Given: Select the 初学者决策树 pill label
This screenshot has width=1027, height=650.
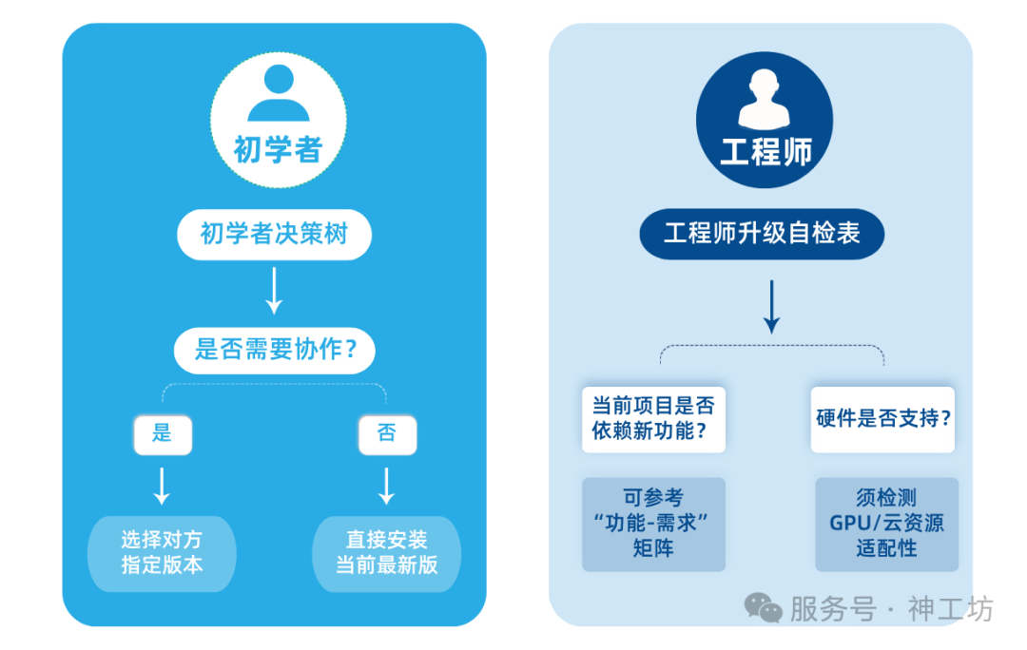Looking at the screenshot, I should [x=274, y=235].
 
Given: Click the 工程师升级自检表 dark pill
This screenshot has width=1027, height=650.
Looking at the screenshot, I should [x=762, y=234].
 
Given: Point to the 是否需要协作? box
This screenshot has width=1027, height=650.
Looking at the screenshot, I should [x=275, y=350].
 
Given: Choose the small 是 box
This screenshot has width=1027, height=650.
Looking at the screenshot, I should [x=163, y=433].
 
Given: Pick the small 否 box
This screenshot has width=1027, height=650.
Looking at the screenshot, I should [x=387, y=433].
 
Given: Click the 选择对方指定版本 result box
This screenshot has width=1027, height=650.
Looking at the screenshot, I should [x=162, y=552].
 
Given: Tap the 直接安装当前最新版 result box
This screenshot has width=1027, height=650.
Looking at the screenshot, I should [x=387, y=552].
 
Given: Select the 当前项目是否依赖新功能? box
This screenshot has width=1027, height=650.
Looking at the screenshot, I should [x=653, y=418].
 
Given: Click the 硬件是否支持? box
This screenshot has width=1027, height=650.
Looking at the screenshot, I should [x=883, y=418].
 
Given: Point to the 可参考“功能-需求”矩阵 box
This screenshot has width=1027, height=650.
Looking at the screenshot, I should [x=653, y=524].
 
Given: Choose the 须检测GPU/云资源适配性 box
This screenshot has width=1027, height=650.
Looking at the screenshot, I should [x=886, y=524].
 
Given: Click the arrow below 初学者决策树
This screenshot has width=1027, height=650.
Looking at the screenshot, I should [x=274, y=291].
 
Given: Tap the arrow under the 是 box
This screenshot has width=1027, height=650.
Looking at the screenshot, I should [x=163, y=485].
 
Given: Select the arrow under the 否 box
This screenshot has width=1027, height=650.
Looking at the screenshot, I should [x=387, y=485].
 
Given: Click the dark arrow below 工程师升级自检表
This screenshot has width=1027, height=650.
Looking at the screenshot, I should [x=771, y=306].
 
